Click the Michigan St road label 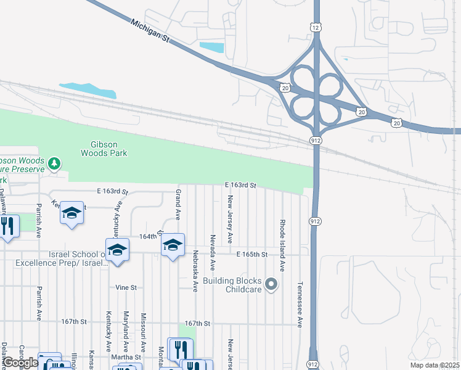coord(149,31)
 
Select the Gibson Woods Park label coord(105,149)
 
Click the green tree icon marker coord(55,163)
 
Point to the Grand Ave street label coord(177,205)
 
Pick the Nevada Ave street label coord(213,252)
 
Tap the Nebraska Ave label coord(195,270)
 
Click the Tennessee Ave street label coord(300,305)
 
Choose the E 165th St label coord(251,254)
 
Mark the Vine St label coord(125,287)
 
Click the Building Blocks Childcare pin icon coord(272,284)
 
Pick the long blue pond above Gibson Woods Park coord(88,90)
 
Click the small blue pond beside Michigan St coord(212,47)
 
